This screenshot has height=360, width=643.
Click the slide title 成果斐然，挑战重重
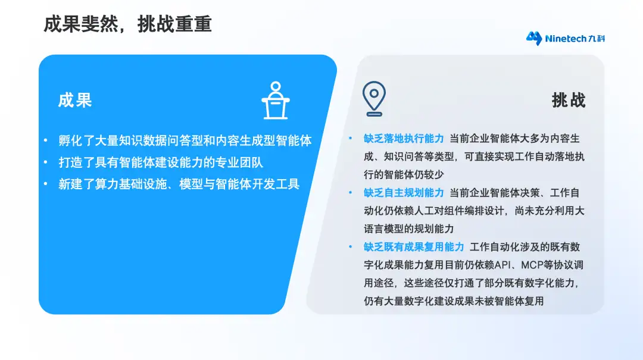tap(127, 24)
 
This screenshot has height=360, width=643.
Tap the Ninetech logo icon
tap(534, 38)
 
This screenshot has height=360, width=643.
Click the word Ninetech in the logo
tap(566, 39)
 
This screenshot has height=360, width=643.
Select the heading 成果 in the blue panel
tap(74, 100)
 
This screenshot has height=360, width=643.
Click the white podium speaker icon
tap(276, 101)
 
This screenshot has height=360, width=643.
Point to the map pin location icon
tap(374, 98)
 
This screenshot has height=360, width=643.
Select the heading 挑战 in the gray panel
tap(569, 100)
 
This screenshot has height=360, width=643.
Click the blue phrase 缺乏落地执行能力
tap(404, 139)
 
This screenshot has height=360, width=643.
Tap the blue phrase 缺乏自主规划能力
tap(404, 193)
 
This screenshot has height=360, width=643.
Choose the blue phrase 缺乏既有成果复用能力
tap(414, 247)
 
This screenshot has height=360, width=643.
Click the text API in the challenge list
tap(502, 265)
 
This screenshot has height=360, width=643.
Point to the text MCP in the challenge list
tap(532, 265)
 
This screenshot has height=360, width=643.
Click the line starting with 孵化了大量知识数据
tap(185, 140)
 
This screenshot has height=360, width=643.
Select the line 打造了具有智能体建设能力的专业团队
tap(161, 162)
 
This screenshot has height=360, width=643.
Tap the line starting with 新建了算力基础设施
tap(179, 184)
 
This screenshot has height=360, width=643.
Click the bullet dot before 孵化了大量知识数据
tap(45, 140)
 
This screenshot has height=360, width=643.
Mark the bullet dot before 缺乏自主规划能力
tap(350, 192)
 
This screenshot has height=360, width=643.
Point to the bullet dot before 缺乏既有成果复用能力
tap(350, 246)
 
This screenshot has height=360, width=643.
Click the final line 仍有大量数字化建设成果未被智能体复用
tap(454, 301)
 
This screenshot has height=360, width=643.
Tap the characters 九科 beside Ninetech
tap(597, 39)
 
